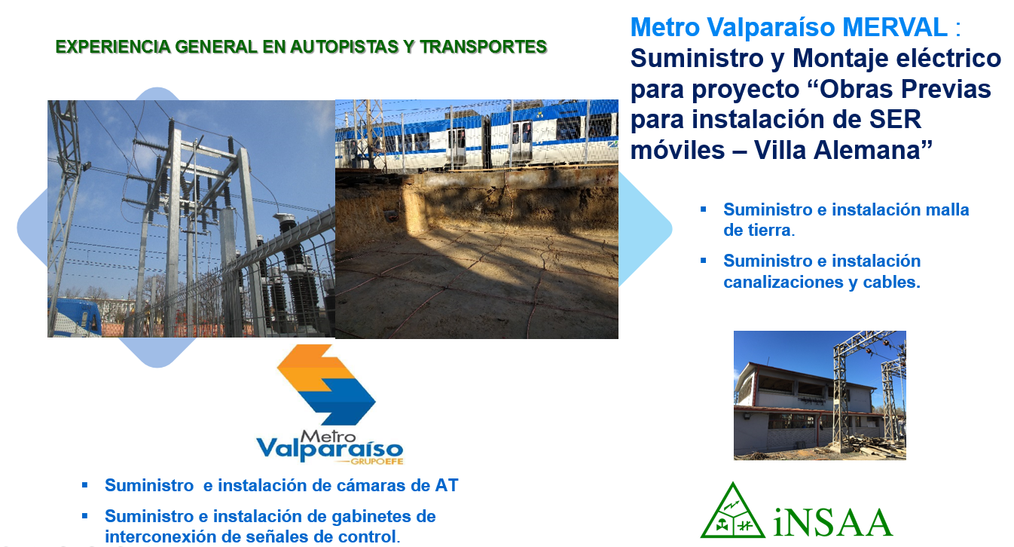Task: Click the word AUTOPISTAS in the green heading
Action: point(344,47)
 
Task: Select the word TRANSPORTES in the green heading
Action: point(484,47)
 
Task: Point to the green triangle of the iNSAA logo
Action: point(732,511)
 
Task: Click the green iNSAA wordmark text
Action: point(833,521)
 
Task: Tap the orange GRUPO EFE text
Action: point(377,462)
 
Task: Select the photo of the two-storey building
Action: point(820,396)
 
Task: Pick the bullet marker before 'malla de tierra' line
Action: point(703,209)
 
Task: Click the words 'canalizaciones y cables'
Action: point(822,282)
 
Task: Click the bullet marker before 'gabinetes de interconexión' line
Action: point(84,516)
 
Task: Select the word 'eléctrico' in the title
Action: point(943,59)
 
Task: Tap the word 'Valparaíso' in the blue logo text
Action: point(329,450)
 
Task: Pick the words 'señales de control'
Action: point(322,536)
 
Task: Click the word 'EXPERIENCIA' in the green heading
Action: point(113,47)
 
